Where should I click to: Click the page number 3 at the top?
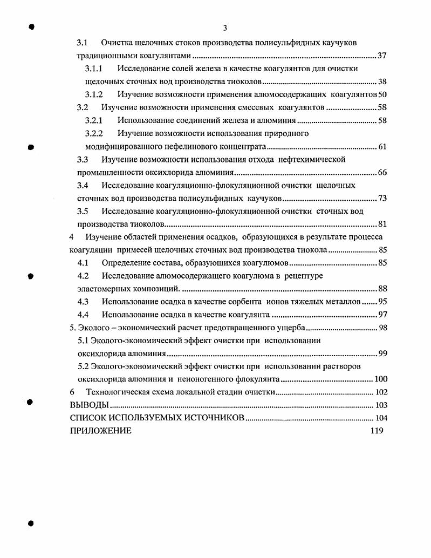click(225, 28)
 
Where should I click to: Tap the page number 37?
click(382, 56)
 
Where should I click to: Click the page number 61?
click(382, 146)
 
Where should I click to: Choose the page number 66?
click(382, 173)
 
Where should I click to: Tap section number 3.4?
click(83, 185)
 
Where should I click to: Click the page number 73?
click(382, 198)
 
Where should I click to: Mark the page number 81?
click(382, 224)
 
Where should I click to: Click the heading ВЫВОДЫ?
click(89, 405)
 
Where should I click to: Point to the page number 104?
click(381, 418)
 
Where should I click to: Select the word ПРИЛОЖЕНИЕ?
click(100, 431)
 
